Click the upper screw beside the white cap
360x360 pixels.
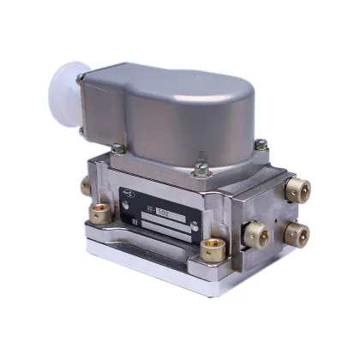point(81,79)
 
